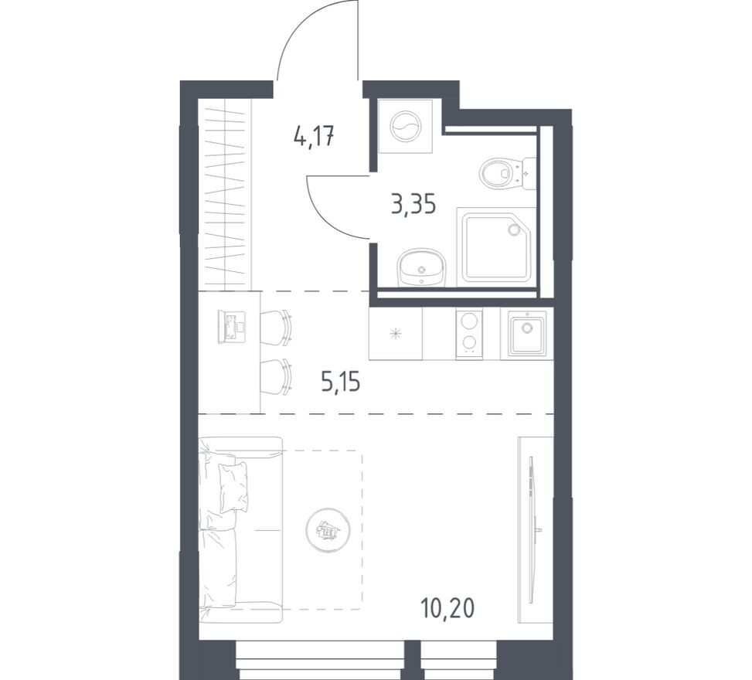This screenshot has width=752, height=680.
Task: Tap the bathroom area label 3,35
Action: [414, 204]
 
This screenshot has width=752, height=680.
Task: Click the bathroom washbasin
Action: [421, 267]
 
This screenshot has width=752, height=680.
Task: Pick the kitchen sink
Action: [527, 333]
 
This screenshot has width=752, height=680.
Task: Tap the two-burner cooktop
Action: [469, 333]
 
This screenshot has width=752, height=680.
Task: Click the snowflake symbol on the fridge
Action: [396, 334]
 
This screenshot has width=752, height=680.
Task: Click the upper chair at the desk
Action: [276, 327]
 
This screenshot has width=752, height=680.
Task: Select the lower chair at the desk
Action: [276, 376]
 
